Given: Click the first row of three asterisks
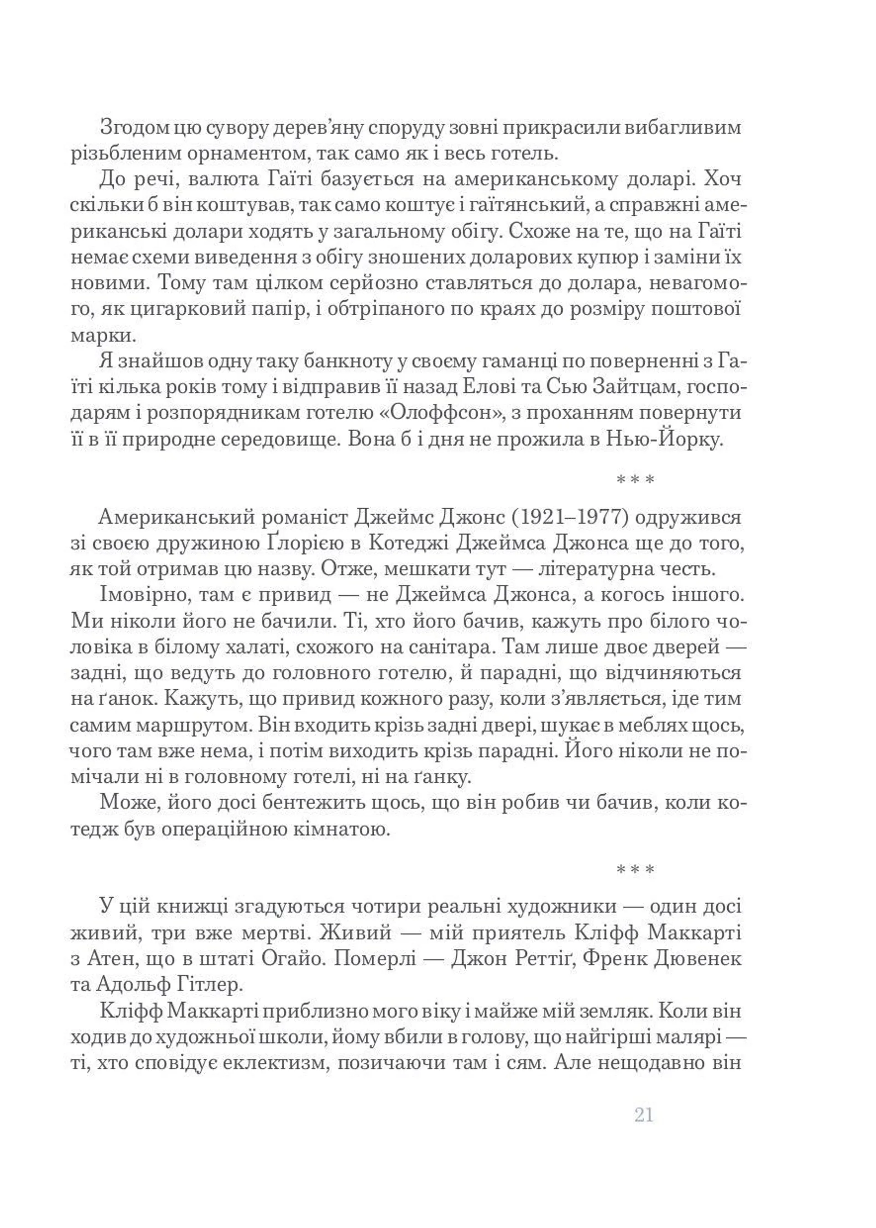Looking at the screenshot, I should point(635,479).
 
